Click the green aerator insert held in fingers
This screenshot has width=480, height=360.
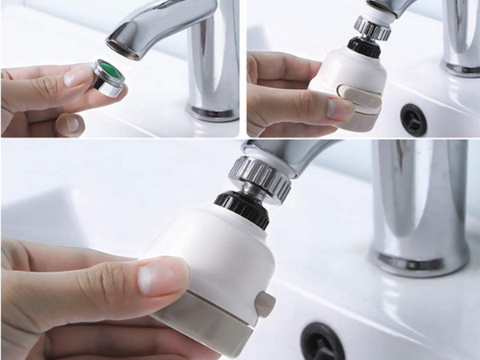pos(112,77)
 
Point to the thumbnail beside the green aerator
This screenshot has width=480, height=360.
pos(78,76)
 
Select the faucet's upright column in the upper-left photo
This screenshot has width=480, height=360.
pos(213,64)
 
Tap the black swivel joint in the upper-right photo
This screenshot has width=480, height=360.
pos(364,46)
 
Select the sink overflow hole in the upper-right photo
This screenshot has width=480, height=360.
pos(413,118)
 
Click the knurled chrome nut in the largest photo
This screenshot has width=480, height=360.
pos(260,178)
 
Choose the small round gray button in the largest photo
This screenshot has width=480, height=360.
pos(265,304)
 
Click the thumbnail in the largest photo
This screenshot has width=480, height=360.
pos(164,277)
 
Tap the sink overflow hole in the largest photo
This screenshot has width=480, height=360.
pos(319,342)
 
